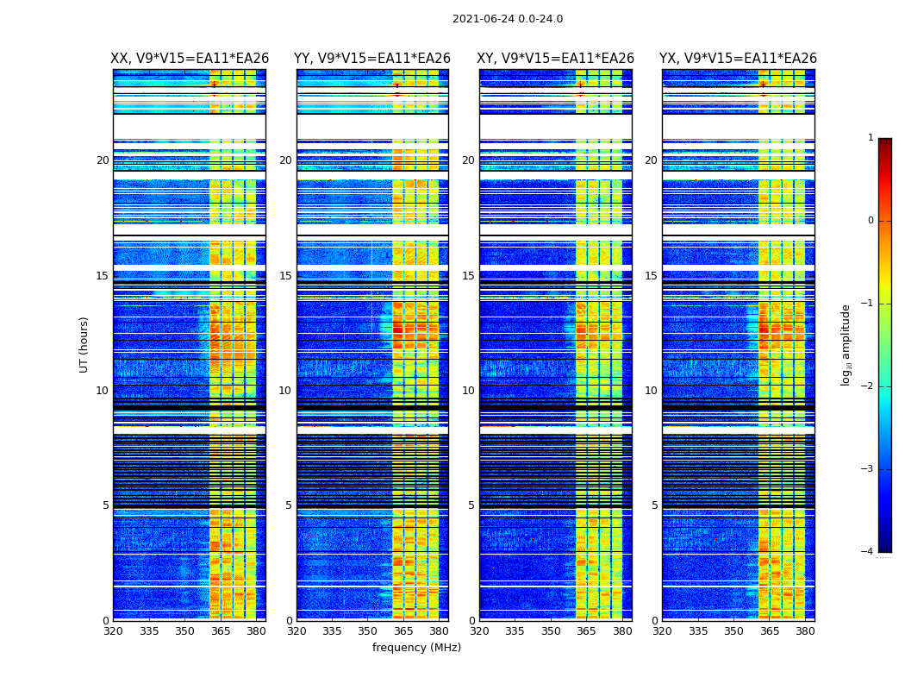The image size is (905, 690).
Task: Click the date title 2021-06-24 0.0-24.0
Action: (x=507, y=19)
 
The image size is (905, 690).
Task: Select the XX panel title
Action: (x=190, y=59)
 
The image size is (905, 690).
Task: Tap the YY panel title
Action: (x=372, y=59)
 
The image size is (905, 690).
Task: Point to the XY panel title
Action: (x=555, y=59)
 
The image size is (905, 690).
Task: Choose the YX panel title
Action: (x=738, y=59)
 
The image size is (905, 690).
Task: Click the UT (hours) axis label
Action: (x=84, y=344)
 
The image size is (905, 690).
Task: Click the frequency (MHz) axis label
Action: (x=416, y=648)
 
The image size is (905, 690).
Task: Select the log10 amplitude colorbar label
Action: (x=846, y=344)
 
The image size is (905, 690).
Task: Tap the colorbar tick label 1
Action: (x=870, y=138)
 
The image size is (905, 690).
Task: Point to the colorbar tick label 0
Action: (x=870, y=221)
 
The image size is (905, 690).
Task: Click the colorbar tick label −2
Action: (x=868, y=386)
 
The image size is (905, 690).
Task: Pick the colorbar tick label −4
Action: (x=868, y=552)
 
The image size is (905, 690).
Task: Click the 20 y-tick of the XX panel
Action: (x=103, y=160)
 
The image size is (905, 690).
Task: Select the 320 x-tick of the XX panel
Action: (x=114, y=631)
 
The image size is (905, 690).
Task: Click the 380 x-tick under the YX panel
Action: (x=805, y=631)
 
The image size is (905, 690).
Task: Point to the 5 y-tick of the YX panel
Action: (x=654, y=505)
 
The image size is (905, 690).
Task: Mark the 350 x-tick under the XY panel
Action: (x=551, y=631)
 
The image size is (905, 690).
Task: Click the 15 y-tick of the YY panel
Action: (x=285, y=276)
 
